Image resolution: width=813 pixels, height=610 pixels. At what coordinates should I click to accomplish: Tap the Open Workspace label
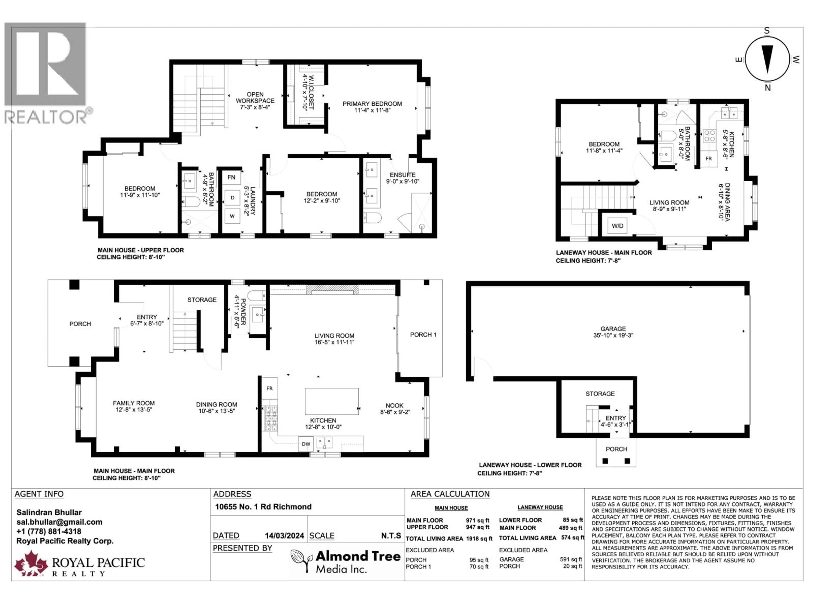pos(255,97)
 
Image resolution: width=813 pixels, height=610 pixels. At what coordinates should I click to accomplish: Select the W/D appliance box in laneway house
pos(617,226)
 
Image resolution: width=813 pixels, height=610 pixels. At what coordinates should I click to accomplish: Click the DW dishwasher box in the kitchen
pos(306,444)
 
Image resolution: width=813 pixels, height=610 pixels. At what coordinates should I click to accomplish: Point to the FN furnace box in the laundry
pos(231,177)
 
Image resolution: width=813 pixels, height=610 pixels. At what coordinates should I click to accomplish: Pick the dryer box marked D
pos(232,198)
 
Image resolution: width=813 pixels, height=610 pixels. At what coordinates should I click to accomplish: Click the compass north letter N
pos(767,87)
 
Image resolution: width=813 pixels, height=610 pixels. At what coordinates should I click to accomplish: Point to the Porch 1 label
pos(423,335)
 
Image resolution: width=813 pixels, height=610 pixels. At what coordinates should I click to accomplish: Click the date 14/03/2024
pos(285,536)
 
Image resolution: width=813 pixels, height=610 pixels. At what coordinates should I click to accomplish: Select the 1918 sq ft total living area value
pos(479,539)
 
